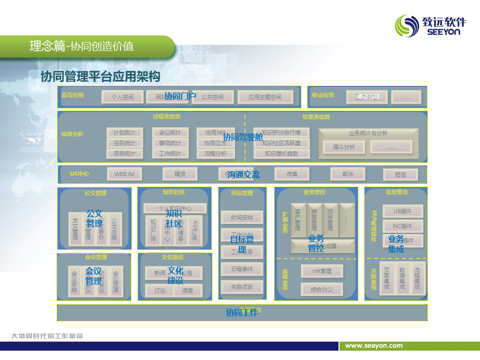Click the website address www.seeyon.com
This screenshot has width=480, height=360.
pyautogui.click(x=374, y=345)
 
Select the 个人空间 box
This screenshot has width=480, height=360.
pyautogui.click(x=122, y=97)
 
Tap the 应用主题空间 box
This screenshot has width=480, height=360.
pyautogui.click(x=264, y=97)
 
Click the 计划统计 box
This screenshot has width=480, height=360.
pyautogui.click(x=124, y=132)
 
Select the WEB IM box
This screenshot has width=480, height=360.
pyautogui.click(x=124, y=174)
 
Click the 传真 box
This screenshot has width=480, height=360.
pyautogui.click(x=292, y=174)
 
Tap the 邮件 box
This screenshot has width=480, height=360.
pyautogui.click(x=348, y=174)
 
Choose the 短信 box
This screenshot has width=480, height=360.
pyautogui.click(x=400, y=174)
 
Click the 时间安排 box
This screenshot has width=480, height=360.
pyautogui.click(x=242, y=217)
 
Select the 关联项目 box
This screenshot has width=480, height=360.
pyautogui.click(x=242, y=287)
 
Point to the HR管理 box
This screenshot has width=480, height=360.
pyautogui.click(x=322, y=271)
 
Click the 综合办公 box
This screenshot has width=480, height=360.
pyautogui.click(x=322, y=289)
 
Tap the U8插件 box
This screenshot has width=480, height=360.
pyautogui.click(x=403, y=211)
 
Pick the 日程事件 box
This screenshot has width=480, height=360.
pyautogui.click(x=242, y=269)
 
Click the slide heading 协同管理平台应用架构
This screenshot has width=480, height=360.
pyautogui.click(x=100, y=76)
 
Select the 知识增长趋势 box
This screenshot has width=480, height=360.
pyautogui.click(x=281, y=153)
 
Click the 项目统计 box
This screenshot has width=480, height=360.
pyautogui.click(x=124, y=153)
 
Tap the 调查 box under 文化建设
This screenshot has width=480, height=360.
pyautogui.click(x=187, y=290)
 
